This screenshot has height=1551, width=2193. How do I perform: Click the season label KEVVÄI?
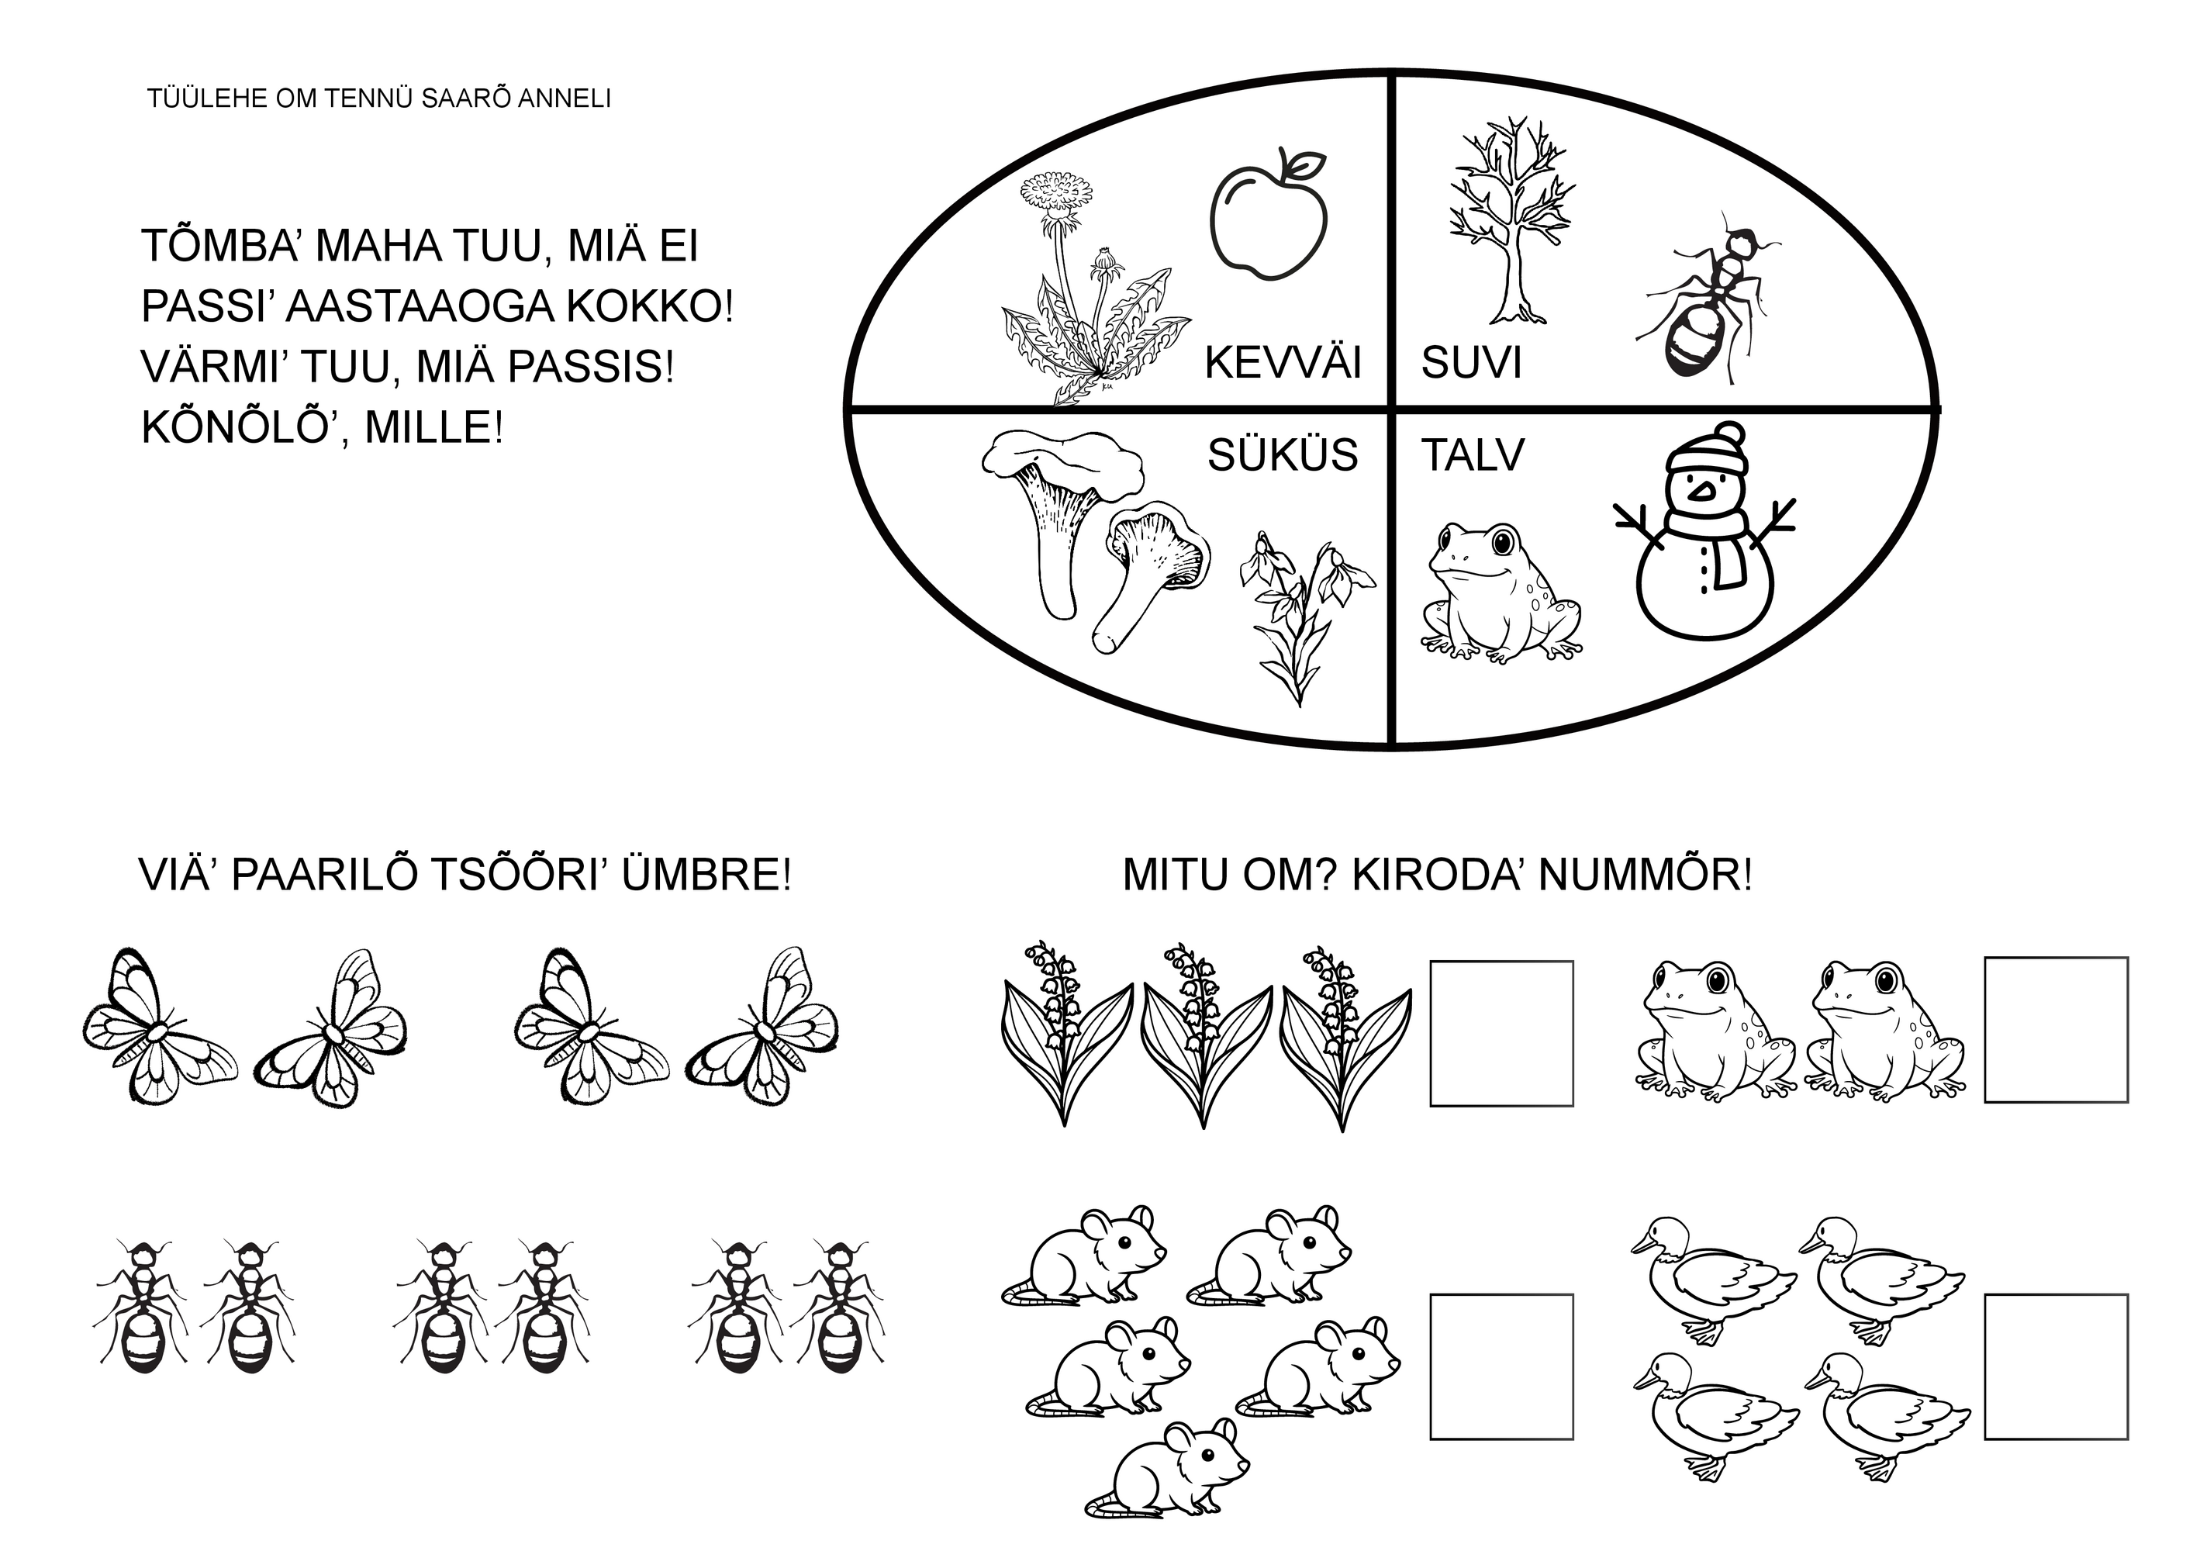(1282, 363)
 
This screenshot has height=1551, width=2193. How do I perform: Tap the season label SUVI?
(1470, 363)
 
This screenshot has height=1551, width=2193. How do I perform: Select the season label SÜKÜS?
(1282, 454)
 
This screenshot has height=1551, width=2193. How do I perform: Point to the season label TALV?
(1472, 455)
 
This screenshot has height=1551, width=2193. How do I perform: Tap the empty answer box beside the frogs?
(2056, 1030)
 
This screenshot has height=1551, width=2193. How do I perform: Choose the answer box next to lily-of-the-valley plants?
(1501, 1034)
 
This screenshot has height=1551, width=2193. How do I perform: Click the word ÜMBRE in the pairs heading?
(706, 875)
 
